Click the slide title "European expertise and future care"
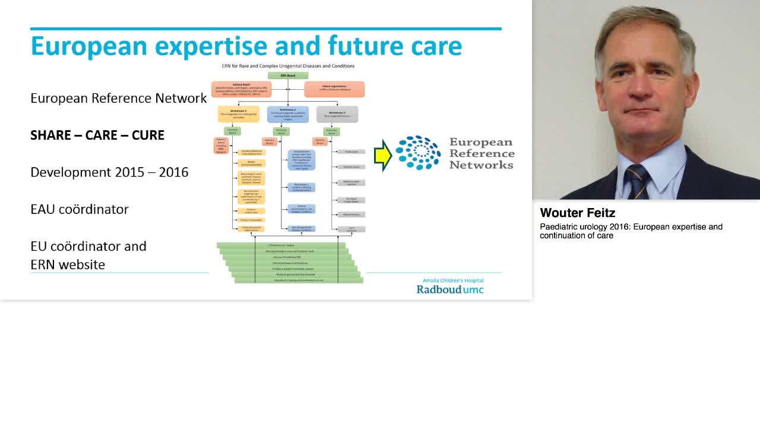(x=246, y=46)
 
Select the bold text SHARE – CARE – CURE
(x=97, y=135)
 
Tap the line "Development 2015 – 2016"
(x=109, y=172)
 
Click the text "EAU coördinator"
(x=80, y=209)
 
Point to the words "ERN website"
(x=68, y=265)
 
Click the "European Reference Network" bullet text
(x=118, y=98)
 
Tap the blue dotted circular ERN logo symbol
(x=418, y=153)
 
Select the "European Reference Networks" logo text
(x=481, y=153)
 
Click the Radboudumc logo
(x=449, y=289)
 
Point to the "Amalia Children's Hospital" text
(x=453, y=280)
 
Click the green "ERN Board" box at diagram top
(x=288, y=75)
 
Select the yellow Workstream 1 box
(x=238, y=114)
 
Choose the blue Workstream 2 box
(x=288, y=114)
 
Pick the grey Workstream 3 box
(x=337, y=114)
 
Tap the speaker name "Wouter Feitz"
(x=577, y=213)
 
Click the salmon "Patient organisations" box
(x=334, y=89)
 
